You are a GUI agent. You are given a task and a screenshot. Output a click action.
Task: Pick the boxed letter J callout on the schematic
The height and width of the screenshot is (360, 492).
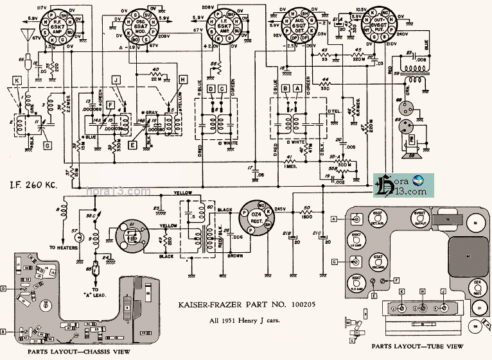tap(116, 79)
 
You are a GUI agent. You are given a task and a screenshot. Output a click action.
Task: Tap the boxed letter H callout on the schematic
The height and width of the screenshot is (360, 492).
tap(183, 79)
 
